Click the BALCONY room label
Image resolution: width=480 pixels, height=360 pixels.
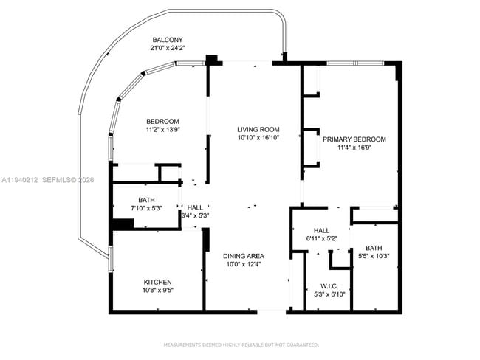168,40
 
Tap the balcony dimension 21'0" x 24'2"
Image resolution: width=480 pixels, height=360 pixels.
168,49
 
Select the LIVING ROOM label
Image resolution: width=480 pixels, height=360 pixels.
253,129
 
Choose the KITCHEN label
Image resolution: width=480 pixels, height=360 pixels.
157,282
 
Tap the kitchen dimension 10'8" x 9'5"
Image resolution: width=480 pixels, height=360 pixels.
157,291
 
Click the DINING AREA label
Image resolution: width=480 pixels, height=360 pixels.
243,256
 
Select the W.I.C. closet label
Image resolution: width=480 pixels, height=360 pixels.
329,285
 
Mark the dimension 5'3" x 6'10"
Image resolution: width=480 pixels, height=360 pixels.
329,294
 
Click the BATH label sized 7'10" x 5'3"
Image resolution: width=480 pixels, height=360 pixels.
146,200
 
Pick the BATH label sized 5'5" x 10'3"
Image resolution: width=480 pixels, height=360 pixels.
373,248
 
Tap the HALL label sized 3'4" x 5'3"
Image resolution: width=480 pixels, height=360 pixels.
195,208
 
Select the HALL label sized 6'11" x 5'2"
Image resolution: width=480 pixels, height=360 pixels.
321,230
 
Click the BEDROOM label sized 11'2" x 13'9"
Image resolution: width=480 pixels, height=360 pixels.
162,121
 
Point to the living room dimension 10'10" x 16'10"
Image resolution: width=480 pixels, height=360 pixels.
253,138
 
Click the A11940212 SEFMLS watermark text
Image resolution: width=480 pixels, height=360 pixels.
47,179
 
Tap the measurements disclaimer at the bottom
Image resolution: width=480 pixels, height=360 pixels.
241,345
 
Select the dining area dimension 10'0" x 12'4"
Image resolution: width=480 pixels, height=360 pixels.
243,264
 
